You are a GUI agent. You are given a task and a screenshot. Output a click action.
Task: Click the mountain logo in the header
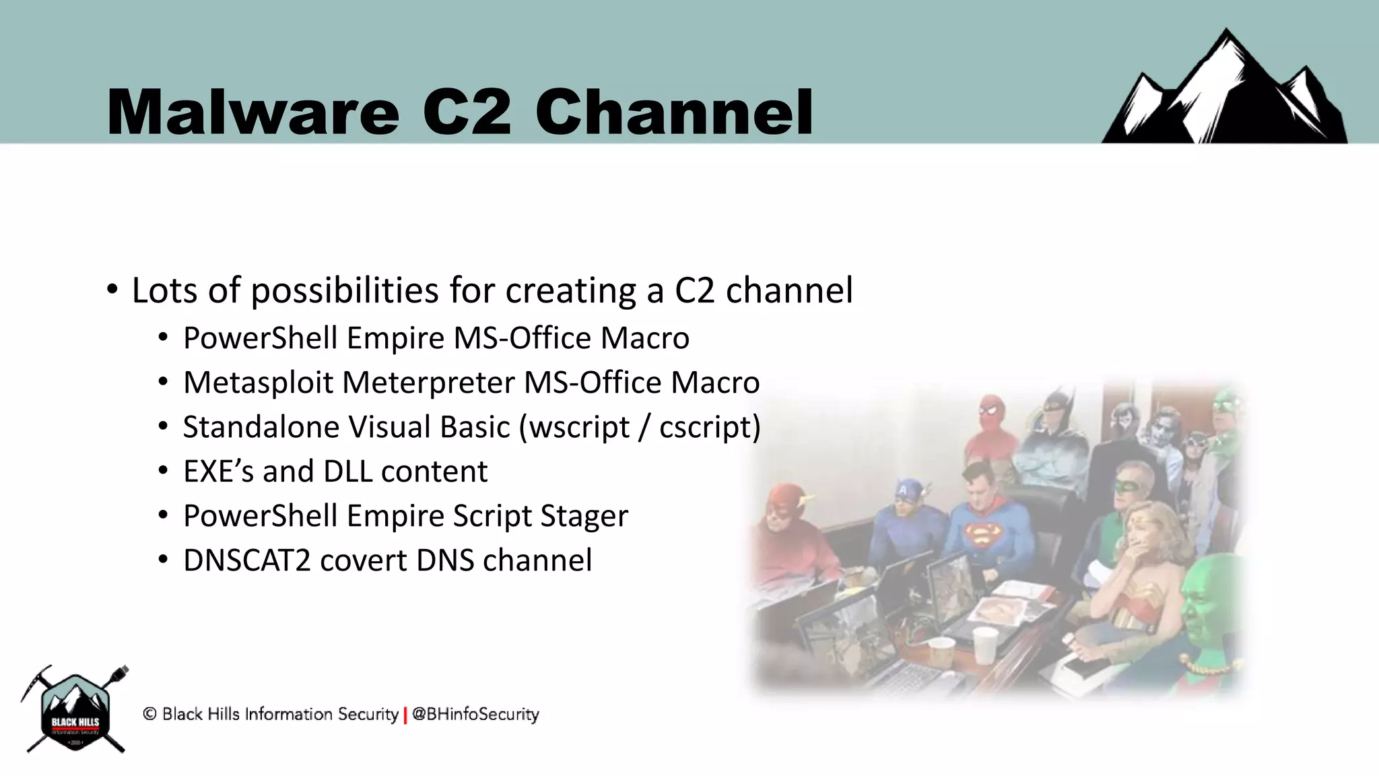[x=1224, y=91]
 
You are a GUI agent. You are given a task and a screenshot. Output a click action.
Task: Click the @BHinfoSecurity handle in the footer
[x=475, y=714]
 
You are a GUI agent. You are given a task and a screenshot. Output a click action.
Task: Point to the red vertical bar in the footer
[x=405, y=715]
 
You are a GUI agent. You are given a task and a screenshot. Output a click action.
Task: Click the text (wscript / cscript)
[x=640, y=427]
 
